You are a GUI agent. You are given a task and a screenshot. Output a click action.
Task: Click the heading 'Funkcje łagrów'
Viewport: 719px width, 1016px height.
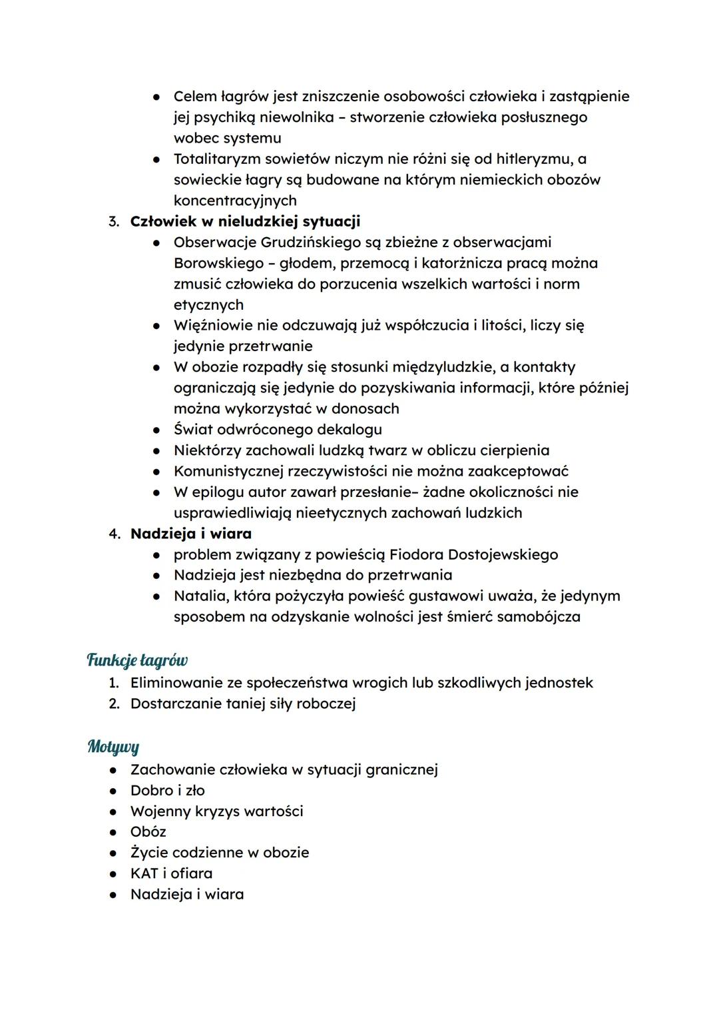pos(137,660)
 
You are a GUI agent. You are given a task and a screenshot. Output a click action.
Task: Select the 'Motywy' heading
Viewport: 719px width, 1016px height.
pos(113,747)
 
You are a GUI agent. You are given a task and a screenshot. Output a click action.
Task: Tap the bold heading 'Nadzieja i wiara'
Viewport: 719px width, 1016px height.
pos(191,534)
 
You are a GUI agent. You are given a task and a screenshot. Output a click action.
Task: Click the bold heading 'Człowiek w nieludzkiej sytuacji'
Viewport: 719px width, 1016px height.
pos(245,221)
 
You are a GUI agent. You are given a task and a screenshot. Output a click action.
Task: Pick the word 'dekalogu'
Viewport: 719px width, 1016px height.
pos(354,429)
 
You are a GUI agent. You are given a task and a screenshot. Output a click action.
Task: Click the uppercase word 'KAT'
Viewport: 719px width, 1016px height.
pos(144,873)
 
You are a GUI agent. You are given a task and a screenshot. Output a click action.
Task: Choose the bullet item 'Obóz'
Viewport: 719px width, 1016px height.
pos(148,831)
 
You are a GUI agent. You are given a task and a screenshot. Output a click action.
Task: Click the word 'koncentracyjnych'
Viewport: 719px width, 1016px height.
pos(235,201)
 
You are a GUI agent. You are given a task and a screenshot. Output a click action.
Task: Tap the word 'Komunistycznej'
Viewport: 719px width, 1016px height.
pos(228,471)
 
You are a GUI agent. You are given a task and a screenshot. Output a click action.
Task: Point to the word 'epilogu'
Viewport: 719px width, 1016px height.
pos(219,492)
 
